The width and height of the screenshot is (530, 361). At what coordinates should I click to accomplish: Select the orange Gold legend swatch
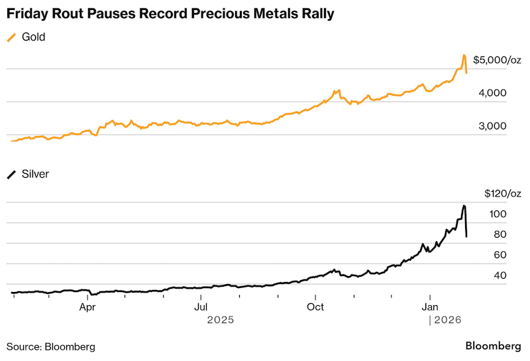(x=11, y=37)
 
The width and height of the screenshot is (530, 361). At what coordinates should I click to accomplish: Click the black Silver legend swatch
(x=11, y=175)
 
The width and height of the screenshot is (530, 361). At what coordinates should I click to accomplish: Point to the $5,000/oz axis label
(x=497, y=60)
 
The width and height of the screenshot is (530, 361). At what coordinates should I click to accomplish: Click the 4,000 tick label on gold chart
(x=492, y=93)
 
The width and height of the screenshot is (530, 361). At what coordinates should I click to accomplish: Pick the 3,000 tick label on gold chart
(x=492, y=126)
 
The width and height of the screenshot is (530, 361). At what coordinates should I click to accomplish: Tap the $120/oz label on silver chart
(x=503, y=194)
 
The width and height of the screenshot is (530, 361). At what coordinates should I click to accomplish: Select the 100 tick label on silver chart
(x=498, y=214)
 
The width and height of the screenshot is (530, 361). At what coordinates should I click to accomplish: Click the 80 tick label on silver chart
(x=500, y=234)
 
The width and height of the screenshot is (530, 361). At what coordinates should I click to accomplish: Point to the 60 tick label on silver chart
(x=500, y=255)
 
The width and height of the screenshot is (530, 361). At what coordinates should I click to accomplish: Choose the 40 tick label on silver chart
(x=500, y=275)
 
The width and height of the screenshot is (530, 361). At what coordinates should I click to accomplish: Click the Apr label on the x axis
(x=87, y=307)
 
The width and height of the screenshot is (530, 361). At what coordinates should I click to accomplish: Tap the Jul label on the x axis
(x=201, y=307)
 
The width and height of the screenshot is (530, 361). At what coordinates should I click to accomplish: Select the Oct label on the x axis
(x=315, y=307)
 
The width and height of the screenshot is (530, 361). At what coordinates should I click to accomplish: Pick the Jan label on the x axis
(x=430, y=307)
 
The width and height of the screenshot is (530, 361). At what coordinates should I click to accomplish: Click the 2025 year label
(x=221, y=320)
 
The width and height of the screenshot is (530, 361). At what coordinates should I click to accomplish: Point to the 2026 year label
(x=448, y=320)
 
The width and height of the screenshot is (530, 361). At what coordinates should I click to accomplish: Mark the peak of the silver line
(x=464, y=206)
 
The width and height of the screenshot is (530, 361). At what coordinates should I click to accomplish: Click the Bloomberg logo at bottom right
(x=494, y=346)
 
